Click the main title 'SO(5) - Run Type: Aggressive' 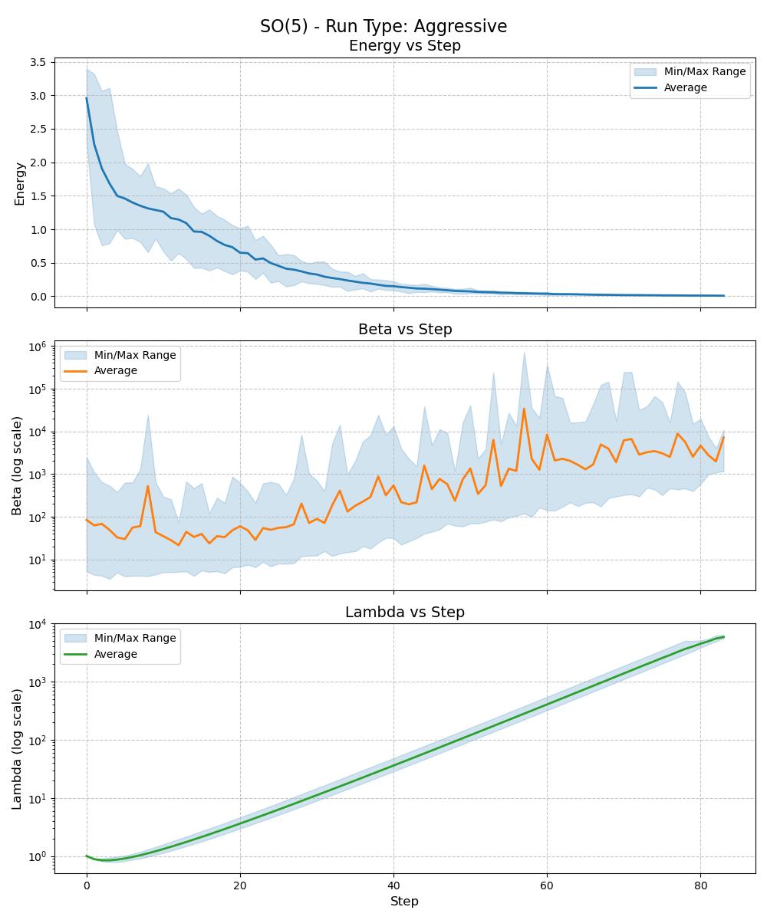pos(383,26)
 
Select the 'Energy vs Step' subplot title pos(404,46)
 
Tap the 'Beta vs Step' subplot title pos(404,330)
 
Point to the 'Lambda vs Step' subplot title pos(404,613)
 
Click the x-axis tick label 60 pos(547,886)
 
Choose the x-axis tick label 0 pos(87,886)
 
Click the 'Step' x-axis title pos(404,902)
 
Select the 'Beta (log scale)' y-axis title pos(18,465)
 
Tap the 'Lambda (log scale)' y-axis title pos(18,748)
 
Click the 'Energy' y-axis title pos(20,183)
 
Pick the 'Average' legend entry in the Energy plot pos(685,87)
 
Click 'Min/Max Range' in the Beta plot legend pos(135,355)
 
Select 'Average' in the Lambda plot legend pos(115,654)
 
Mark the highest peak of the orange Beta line pos(524,409)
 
